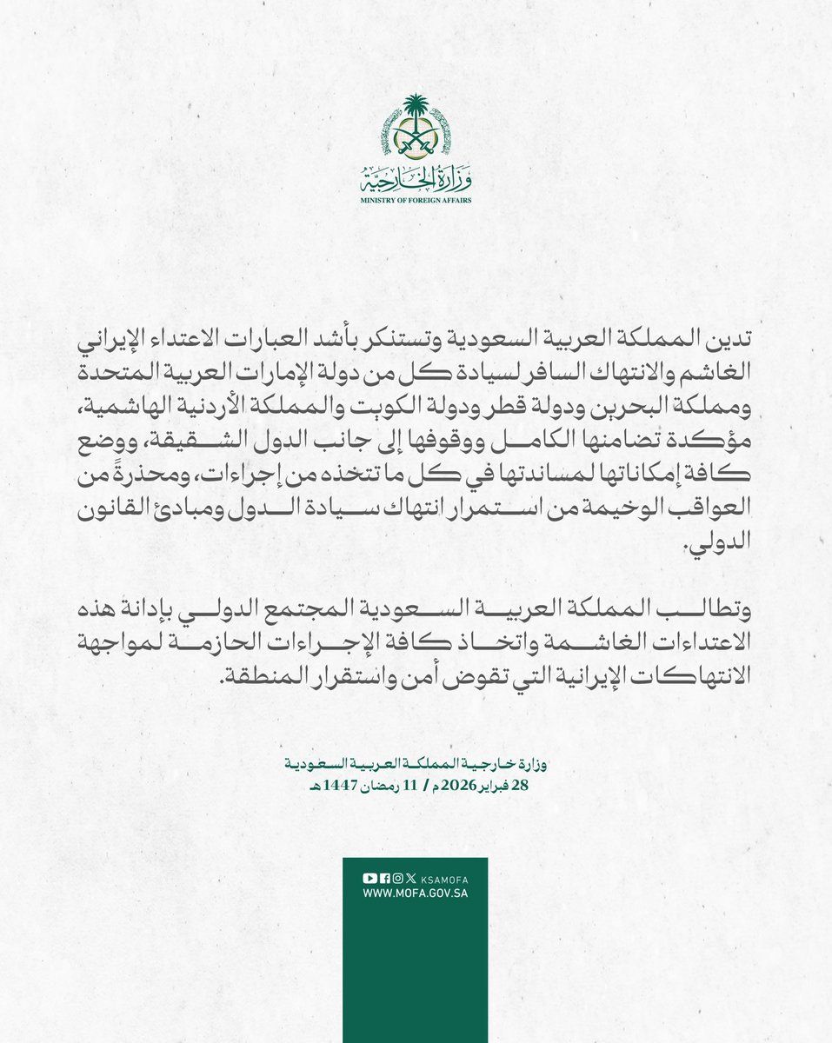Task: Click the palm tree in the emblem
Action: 415,113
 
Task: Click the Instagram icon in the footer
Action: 396,878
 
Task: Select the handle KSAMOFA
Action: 443,878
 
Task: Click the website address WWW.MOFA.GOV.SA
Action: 415,894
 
